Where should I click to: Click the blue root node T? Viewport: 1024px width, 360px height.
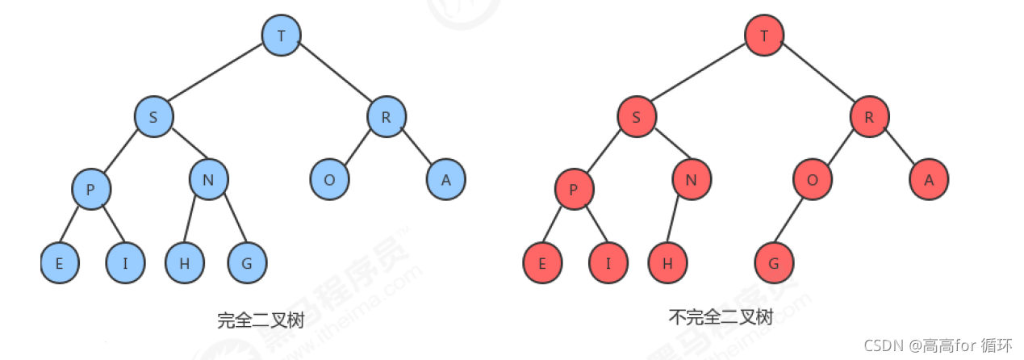coord(281,35)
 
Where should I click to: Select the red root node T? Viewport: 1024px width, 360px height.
coord(764,35)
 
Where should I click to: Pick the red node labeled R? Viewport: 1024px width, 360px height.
coord(869,117)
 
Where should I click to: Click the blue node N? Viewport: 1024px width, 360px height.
coord(208,179)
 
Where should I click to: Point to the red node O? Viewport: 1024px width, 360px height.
coord(812,179)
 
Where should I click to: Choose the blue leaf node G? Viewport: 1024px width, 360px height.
coord(246,262)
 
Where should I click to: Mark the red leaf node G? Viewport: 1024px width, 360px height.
coord(774,263)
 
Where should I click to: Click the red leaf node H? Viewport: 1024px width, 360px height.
coord(667,263)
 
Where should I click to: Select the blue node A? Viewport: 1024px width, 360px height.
coord(446,179)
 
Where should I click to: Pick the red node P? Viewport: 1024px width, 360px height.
coord(574,190)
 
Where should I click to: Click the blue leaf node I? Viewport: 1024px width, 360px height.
coord(126,262)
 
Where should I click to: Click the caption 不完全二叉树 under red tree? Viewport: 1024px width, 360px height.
coord(721,316)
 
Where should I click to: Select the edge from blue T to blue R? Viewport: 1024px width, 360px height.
coord(333,76)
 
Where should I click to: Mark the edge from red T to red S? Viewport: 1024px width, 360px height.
coord(700,76)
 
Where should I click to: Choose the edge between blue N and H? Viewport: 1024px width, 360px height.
coord(194,221)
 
